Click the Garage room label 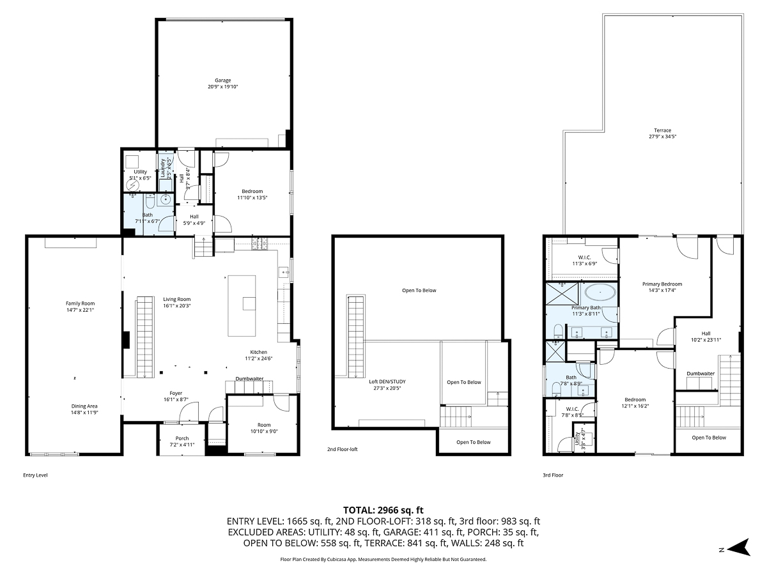222,80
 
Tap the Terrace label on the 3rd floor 653,130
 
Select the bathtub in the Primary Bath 601,295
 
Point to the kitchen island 242,305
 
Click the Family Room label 80,303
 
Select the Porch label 182,438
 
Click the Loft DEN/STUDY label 387,381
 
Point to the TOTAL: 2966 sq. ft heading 383,510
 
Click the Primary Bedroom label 662,284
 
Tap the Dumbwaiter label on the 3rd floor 701,373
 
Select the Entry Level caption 35,475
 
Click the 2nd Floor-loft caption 343,449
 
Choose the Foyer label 176,394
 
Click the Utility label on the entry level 140,172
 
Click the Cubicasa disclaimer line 383,559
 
